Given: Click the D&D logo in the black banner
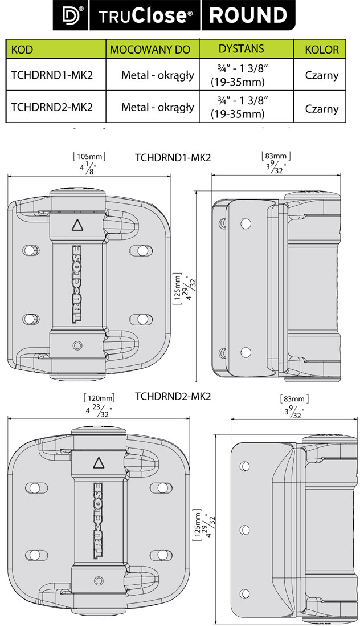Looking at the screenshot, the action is tap(70, 15).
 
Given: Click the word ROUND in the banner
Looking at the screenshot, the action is tap(248, 15).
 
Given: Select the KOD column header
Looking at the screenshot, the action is tap(22, 50).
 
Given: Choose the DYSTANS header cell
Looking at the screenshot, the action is tap(242, 49).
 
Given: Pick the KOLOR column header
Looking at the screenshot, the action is tap(322, 50).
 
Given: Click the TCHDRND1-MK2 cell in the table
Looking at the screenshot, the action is tap(52, 75).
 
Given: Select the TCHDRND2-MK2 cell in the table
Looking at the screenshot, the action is tap(52, 107).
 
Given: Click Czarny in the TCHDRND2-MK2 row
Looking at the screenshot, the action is tap(322, 108).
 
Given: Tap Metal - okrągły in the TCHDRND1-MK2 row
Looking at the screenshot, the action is tap(158, 75).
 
